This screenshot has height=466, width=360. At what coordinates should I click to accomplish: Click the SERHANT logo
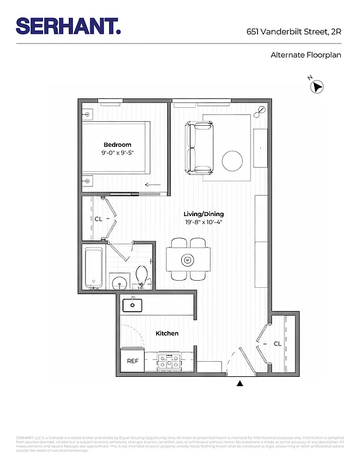point(68,26)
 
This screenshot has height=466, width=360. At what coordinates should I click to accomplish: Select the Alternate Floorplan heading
point(305,55)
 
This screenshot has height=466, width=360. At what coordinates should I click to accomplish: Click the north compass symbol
point(317,87)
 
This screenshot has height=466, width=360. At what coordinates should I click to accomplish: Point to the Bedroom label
point(117,144)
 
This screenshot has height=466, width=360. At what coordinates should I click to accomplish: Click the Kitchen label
point(167,333)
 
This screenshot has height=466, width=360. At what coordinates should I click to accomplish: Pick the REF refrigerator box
point(133,361)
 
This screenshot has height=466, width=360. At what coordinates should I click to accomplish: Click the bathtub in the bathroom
point(93,269)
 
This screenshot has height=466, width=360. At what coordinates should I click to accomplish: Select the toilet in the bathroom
point(142,274)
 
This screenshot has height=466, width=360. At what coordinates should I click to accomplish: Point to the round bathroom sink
point(119,281)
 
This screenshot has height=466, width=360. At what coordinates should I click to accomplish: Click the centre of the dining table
point(188,259)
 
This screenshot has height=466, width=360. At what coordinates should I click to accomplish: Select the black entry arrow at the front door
point(239,383)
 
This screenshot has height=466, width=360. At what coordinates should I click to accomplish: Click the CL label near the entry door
point(277,344)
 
